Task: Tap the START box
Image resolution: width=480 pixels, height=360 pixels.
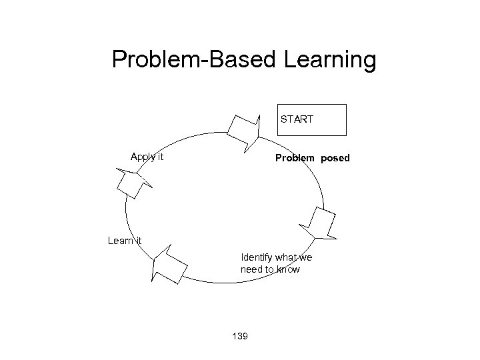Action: pyautogui.click(x=312, y=120)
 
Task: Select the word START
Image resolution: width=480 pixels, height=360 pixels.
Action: pyautogui.click(x=297, y=120)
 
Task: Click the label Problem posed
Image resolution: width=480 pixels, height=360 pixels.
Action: pyautogui.click(x=312, y=159)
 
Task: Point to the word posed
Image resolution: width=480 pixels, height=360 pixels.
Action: pyautogui.click(x=335, y=159)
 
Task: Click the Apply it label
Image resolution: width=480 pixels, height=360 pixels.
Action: pyautogui.click(x=147, y=157)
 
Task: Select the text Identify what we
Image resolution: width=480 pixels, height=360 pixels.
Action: pyautogui.click(x=277, y=257)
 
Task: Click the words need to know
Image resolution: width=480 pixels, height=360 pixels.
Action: pyautogui.click(x=270, y=269)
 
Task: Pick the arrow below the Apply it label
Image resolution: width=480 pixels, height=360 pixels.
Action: pyautogui.click(x=133, y=182)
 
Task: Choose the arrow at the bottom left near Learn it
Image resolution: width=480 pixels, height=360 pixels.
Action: pyautogui.click(x=169, y=265)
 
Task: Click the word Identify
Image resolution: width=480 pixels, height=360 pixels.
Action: pyautogui.click(x=256, y=257)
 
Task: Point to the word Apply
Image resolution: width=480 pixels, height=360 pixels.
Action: pyautogui.click(x=142, y=157)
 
